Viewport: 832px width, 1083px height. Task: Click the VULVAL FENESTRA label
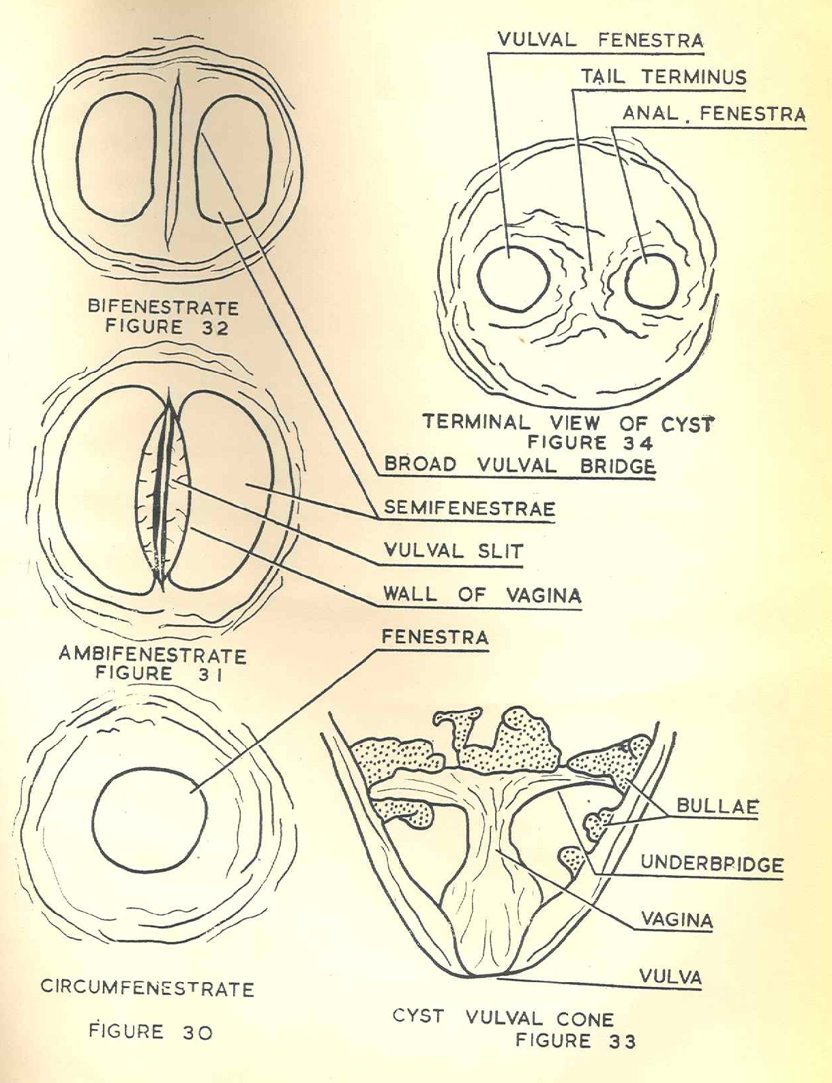pos(599,40)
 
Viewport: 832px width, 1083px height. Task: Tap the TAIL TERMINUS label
pos(663,77)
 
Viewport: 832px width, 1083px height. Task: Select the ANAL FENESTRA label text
pos(714,114)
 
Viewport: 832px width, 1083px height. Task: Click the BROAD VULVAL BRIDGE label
pos(520,466)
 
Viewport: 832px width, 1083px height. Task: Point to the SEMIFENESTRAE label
pos(469,508)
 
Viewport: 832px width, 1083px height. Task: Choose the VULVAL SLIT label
pos(454,551)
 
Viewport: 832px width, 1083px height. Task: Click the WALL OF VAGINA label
pos(481,594)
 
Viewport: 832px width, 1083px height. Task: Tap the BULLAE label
pos(717,806)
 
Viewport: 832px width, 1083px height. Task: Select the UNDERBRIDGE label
pos(711,865)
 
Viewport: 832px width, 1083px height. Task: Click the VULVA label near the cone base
pos(670,977)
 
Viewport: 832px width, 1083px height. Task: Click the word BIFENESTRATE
pos(163,307)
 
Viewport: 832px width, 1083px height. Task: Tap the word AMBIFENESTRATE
pos(152,655)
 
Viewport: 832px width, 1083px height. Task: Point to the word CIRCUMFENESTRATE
pos(147,988)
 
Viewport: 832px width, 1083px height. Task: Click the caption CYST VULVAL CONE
pos(503,1018)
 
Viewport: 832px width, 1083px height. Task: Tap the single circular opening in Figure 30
pos(149,819)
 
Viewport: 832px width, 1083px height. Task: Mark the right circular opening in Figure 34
pos(651,281)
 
